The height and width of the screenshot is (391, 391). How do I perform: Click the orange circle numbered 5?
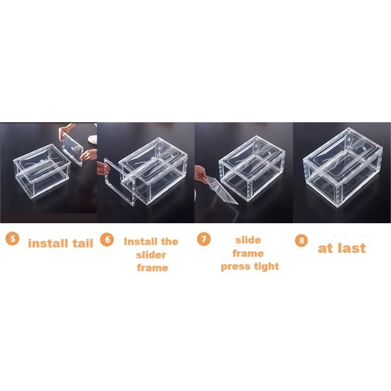point(12,239)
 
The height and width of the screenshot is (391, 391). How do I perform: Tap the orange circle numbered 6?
point(107,239)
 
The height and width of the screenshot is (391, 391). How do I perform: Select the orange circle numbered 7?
point(204,239)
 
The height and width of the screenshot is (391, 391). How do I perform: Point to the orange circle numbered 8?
point(301,241)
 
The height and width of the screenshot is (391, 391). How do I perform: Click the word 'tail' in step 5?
point(83,244)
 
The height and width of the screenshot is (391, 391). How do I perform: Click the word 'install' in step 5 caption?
point(48,244)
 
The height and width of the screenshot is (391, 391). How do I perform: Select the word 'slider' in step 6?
point(151,255)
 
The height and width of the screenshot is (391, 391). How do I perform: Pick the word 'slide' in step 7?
point(248,240)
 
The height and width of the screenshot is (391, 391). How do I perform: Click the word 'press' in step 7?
point(236,267)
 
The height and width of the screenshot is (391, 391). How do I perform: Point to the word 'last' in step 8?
point(351,248)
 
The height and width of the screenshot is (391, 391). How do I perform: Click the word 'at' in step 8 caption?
point(325,248)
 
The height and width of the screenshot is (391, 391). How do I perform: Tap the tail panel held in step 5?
point(72,149)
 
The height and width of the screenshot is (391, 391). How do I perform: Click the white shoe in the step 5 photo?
point(93,139)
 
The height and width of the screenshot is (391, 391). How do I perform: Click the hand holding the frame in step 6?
point(103,167)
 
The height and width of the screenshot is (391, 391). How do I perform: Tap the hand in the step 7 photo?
point(201,174)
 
